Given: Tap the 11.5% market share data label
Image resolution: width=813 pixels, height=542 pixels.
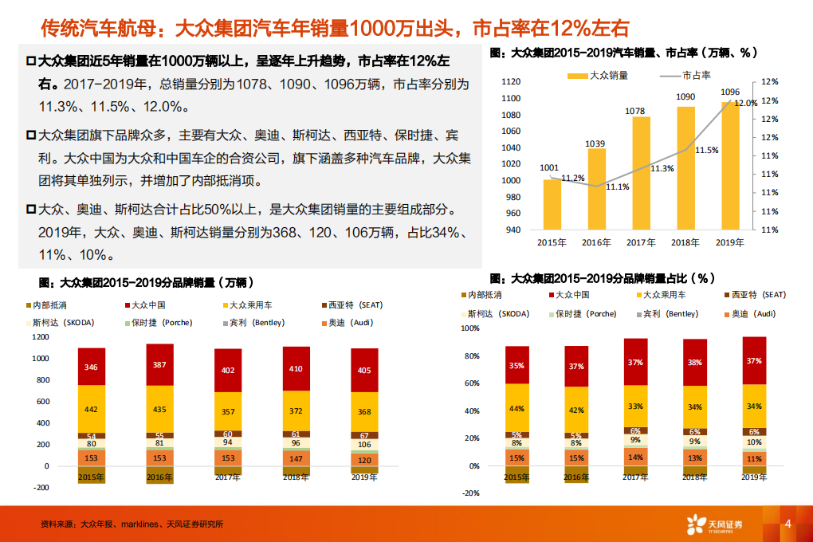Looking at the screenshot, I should [x=707, y=150].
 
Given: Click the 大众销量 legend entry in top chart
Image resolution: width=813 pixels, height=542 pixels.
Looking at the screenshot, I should [x=599, y=76].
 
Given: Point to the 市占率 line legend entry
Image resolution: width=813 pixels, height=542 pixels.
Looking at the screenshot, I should [x=686, y=76].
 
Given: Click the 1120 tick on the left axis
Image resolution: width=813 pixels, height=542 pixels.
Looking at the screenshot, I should [x=511, y=81].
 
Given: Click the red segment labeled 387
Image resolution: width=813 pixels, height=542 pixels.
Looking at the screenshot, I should [x=159, y=365].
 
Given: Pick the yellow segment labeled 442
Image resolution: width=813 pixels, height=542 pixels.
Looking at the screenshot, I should [x=91, y=410].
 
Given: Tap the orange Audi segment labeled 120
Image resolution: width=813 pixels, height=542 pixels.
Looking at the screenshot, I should [x=364, y=461].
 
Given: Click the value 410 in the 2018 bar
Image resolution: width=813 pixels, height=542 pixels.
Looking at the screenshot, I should [x=297, y=369].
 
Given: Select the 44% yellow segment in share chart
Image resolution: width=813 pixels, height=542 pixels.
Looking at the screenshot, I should [x=516, y=409].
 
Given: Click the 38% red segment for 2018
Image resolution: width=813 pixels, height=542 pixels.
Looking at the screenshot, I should [x=695, y=363].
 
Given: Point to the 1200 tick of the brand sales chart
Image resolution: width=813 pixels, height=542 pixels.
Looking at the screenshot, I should [x=40, y=336].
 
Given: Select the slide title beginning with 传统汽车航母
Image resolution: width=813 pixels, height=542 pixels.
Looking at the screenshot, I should [x=335, y=29].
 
